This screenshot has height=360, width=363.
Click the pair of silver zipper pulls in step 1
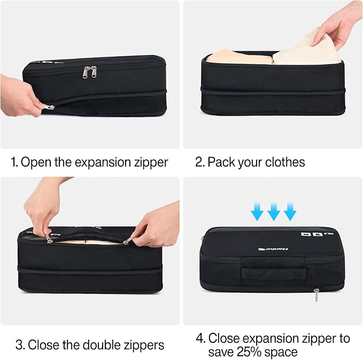coord(89,72)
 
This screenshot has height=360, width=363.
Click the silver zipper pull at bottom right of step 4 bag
coord(316,294)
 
